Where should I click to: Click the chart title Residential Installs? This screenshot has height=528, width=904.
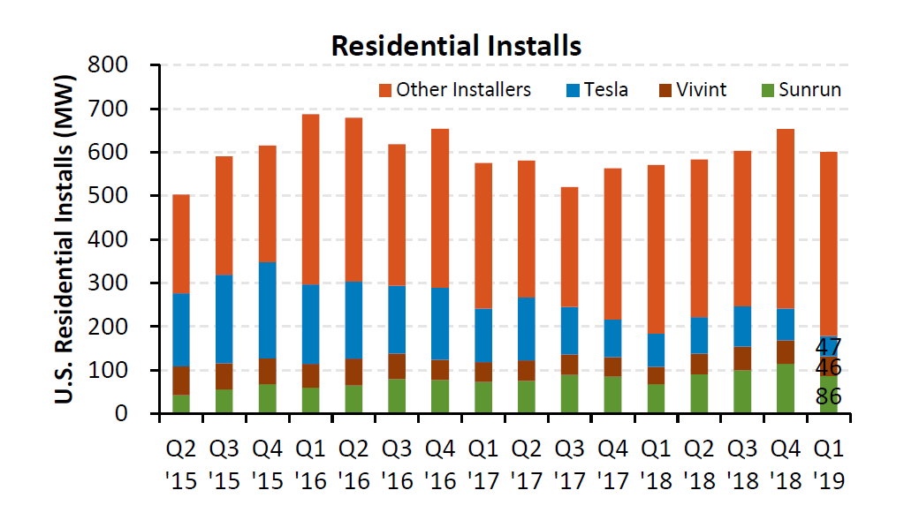[456, 45]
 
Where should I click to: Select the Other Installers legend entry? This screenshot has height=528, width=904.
[454, 89]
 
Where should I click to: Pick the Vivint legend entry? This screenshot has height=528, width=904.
[693, 89]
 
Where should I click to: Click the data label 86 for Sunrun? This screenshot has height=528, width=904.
[828, 397]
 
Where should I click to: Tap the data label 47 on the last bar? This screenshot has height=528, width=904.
[828, 346]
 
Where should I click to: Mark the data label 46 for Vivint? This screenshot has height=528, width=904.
[828, 367]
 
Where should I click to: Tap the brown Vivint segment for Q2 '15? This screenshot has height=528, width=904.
[181, 380]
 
